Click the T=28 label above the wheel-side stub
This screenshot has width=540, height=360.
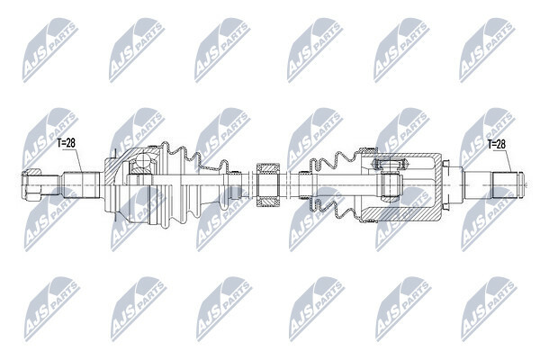[66, 142]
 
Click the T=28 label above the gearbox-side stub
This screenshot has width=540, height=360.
[496, 144]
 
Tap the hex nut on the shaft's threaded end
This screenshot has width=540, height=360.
[31, 184]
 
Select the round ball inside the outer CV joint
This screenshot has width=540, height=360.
[143, 160]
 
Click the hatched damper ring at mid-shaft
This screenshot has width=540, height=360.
[268, 185]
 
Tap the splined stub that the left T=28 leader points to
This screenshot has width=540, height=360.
[82, 184]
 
